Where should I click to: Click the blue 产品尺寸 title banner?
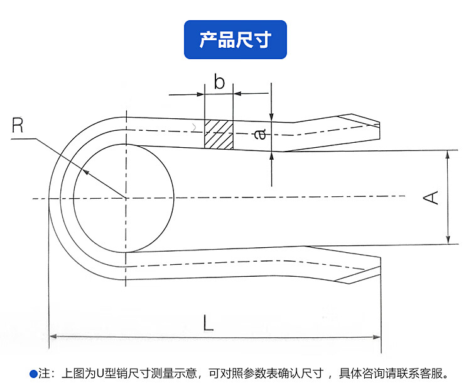[x=235, y=40]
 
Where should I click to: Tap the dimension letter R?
[x=18, y=125]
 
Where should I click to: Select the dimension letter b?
[x=219, y=82]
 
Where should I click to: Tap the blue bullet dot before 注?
[x=33, y=374]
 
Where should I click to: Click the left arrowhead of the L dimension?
[x=53, y=337]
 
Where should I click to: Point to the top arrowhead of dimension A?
[x=448, y=153]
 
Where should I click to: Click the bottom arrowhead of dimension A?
[x=448, y=240]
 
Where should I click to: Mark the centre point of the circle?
[x=126, y=198]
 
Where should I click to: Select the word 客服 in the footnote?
[x=435, y=374]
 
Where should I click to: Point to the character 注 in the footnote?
[x=43, y=374]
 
